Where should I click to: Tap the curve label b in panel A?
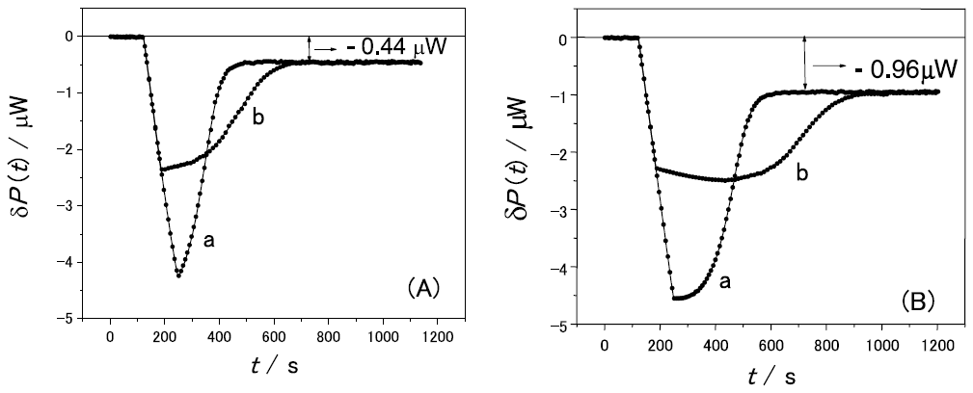(x=258, y=118)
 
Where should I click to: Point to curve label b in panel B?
(x=801, y=172)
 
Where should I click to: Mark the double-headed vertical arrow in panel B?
(x=804, y=65)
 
